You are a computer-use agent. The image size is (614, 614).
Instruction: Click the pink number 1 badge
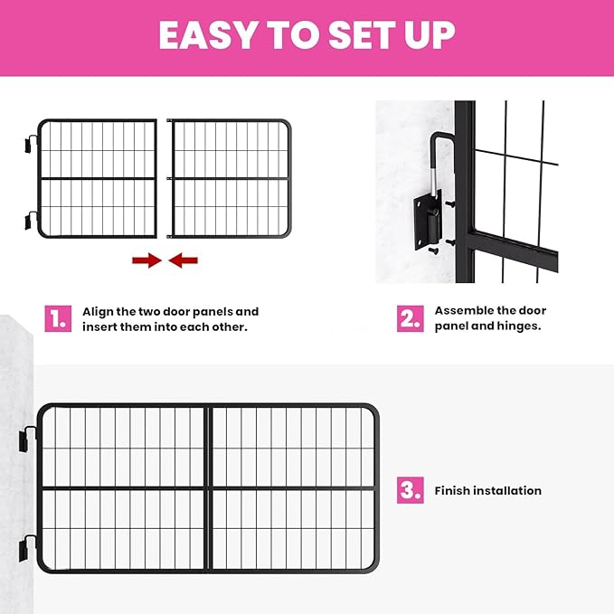(58, 318)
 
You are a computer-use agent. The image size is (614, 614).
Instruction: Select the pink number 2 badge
(411, 318)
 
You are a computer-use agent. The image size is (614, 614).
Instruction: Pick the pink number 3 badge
(411, 491)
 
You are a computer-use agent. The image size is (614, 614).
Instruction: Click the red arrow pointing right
(146, 260)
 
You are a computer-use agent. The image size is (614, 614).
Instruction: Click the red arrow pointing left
(184, 260)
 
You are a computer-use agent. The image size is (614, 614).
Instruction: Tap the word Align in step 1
(99, 311)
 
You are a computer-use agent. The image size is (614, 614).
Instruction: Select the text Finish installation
(487, 491)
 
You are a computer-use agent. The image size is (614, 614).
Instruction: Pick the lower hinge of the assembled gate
(29, 546)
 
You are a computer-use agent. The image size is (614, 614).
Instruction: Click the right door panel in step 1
(231, 178)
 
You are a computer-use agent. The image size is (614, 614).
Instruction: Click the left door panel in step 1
(98, 178)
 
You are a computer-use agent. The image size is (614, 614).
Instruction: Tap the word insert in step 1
(100, 326)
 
